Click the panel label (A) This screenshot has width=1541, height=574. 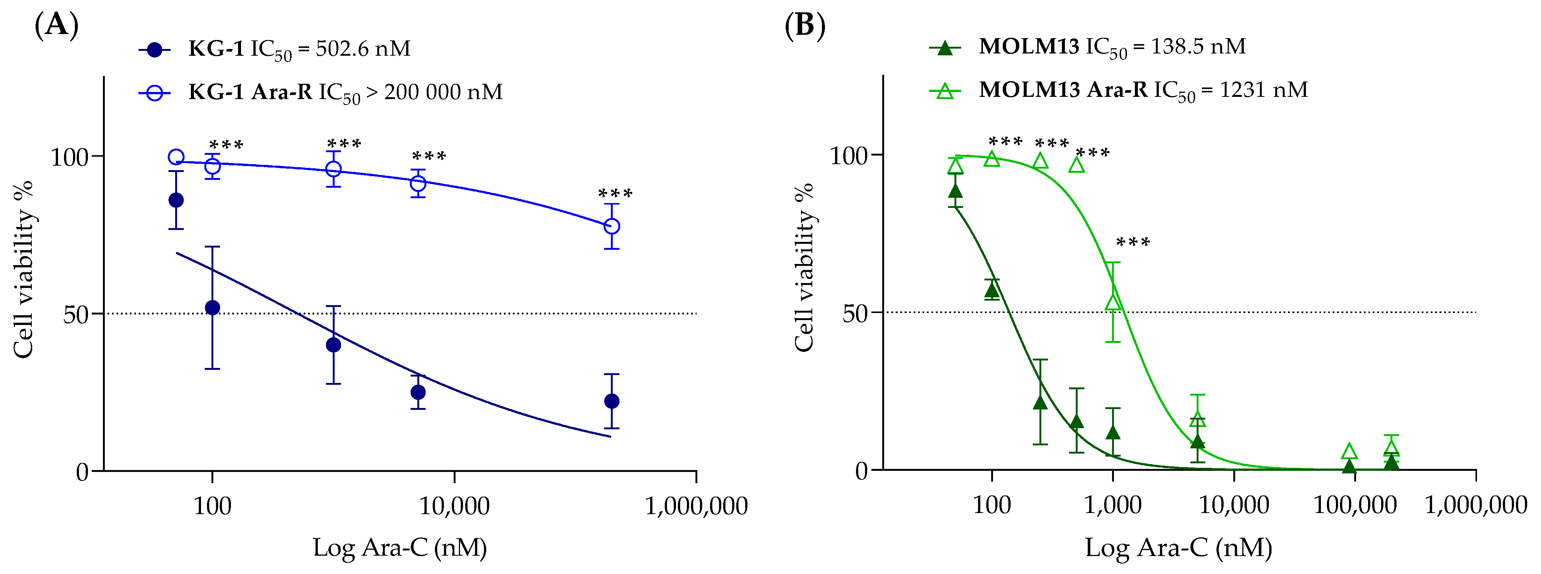click(x=57, y=26)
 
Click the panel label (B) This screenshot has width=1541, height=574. click(x=805, y=26)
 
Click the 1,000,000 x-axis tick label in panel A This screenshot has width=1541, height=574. click(x=696, y=506)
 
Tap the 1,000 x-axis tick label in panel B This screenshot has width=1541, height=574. click(x=1113, y=505)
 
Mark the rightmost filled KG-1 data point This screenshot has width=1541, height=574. click(x=611, y=401)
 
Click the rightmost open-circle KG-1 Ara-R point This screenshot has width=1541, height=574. click(x=611, y=226)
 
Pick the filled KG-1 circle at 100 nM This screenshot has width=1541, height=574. click(x=212, y=308)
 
